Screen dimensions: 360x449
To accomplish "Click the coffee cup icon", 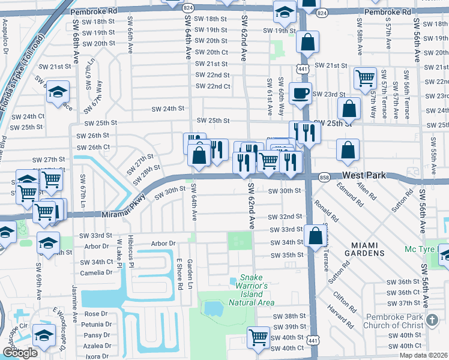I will pos(300,94).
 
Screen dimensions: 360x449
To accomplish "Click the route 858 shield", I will pos(325,178).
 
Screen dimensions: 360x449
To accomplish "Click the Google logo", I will pos(20,352).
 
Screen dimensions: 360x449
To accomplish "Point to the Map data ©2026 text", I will pos(424,355).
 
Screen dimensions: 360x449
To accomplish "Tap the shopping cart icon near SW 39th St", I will pos(259,336).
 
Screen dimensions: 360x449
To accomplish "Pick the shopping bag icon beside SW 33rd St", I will pos(315,236).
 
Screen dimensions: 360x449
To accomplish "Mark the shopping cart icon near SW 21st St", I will pos(365,77).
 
